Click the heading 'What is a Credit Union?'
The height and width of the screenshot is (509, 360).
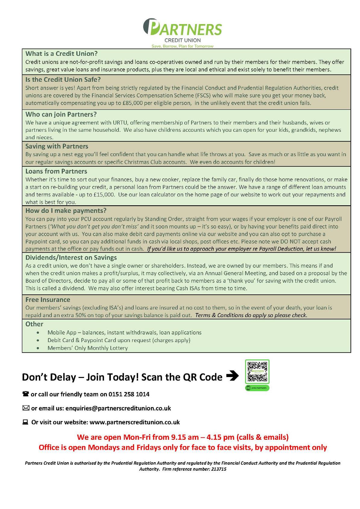[x=61, y=54]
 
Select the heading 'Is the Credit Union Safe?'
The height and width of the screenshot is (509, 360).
[x=63, y=80]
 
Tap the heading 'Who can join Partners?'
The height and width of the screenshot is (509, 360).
[x=61, y=115]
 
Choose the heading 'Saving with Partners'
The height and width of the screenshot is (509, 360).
[x=57, y=146]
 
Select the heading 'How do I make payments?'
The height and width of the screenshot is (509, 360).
[x=66, y=211]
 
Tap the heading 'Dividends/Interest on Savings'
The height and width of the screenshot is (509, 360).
[x=71, y=258]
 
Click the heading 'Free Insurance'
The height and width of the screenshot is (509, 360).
[x=48, y=300]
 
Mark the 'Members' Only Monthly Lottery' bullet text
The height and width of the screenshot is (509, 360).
[x=88, y=348]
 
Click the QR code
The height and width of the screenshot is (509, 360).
[x=257, y=371]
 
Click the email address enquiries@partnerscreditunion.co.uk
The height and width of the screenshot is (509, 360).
[x=118, y=408]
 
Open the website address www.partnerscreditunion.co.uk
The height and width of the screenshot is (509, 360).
[x=135, y=422]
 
